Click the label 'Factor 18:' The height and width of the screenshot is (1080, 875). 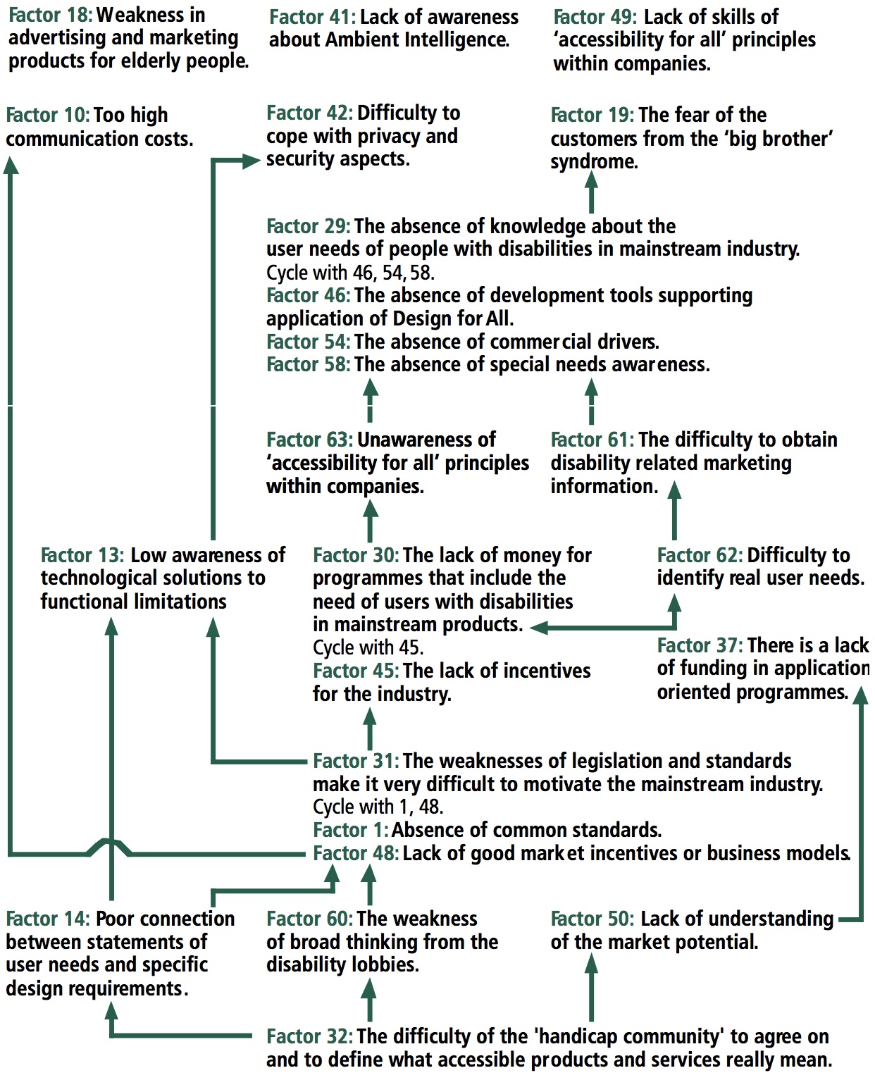[x=50, y=15]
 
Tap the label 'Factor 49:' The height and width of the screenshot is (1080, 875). [x=595, y=17]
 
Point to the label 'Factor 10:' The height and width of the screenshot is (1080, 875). [x=47, y=115]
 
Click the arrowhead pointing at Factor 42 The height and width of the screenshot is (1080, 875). [x=252, y=161]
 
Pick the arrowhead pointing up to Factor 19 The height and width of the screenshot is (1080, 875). [x=592, y=182]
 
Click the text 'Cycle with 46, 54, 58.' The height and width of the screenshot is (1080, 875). [x=350, y=273]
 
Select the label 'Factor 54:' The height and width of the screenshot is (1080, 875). [x=308, y=342]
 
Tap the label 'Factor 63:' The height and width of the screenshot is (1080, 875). [x=309, y=440]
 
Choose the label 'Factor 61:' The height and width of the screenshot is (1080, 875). [x=592, y=440]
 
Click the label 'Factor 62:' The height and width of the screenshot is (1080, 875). [x=700, y=555]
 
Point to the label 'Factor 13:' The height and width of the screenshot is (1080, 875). [x=82, y=555]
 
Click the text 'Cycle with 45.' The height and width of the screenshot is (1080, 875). [x=368, y=647]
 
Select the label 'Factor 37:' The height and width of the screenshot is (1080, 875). [x=700, y=645]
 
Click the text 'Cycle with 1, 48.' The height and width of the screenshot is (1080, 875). [x=378, y=807]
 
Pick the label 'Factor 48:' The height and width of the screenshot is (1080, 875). [x=356, y=853]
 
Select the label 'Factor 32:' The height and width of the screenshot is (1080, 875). [x=309, y=1036]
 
